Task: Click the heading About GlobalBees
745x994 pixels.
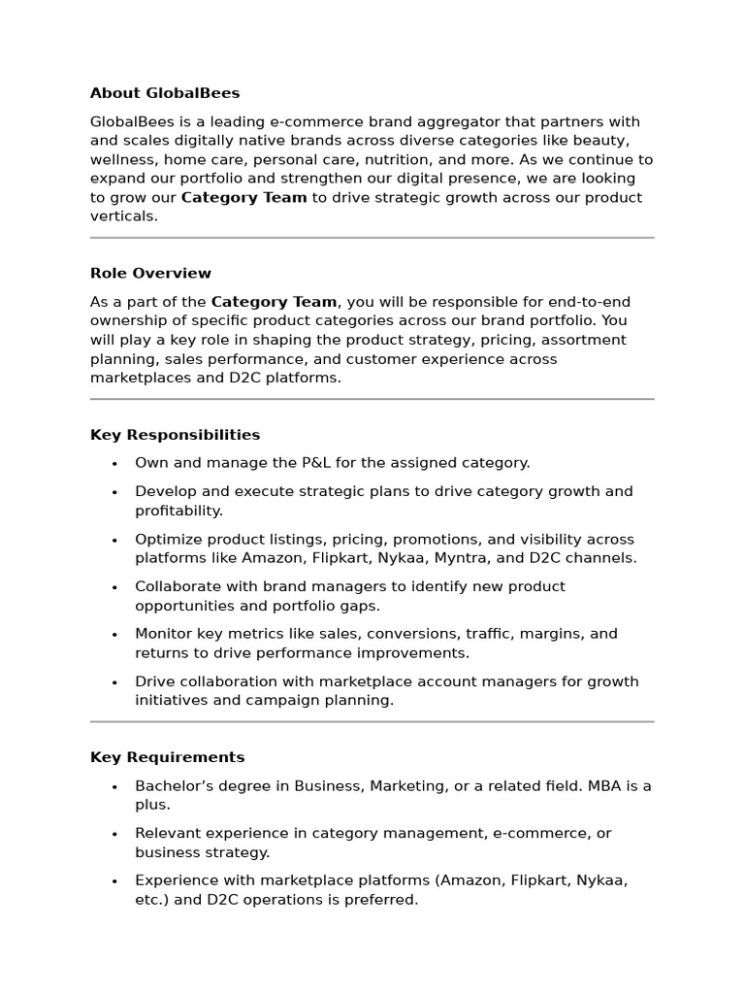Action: point(165,93)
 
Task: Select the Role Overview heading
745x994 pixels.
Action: point(150,274)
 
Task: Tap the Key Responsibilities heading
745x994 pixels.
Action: point(175,435)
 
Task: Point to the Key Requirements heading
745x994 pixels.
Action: point(167,757)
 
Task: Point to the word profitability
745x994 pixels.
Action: point(178,511)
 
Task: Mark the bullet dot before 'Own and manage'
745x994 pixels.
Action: point(114,464)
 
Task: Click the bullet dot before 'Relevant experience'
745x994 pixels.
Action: point(114,834)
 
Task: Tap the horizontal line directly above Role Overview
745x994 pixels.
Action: point(372,238)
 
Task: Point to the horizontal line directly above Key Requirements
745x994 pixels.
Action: point(372,721)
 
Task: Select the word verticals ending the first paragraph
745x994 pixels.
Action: point(123,216)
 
